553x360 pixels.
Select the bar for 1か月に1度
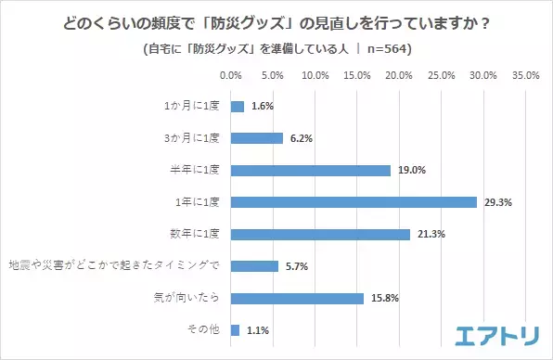pos(238,107)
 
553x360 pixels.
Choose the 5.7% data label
pos(297,266)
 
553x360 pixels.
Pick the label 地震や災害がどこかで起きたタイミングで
pos(113,266)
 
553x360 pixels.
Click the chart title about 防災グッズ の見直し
pos(276,21)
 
